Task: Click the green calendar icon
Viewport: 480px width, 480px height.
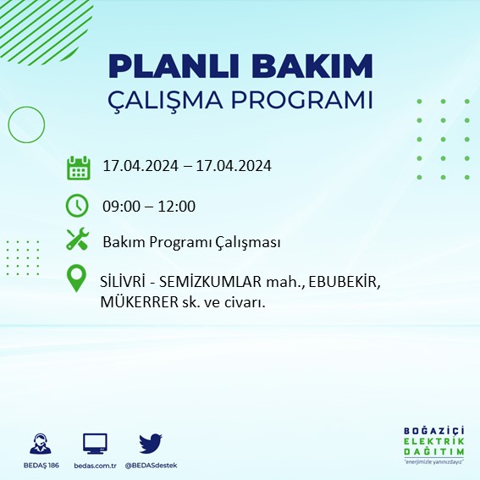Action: coord(79,167)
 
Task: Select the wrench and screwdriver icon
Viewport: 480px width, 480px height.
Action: coord(78,241)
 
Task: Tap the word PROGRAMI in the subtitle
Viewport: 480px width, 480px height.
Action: coord(303,100)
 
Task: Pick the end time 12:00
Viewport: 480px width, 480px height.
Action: coord(177,206)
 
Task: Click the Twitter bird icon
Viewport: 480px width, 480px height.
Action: coord(150,444)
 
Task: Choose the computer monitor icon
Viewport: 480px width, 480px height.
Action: coord(95,444)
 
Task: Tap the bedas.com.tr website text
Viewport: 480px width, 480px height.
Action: coord(95,466)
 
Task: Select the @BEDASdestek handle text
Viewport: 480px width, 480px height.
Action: coord(151,466)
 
